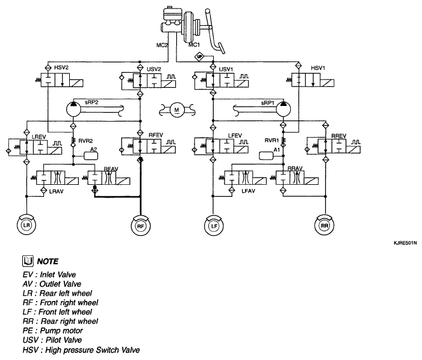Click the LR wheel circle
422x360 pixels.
pos(26,225)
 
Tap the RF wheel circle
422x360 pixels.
pos(140,226)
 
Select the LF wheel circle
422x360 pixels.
pos(214,226)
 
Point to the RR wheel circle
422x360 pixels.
pos(324,226)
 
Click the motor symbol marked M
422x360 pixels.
pos(176,110)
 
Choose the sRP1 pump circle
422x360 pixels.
pos(284,109)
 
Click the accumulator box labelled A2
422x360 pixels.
pos(91,155)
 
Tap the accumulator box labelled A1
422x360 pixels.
pos(266,155)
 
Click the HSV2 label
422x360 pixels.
pos(61,67)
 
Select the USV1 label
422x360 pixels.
pos(226,69)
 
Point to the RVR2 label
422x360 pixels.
pos(85,141)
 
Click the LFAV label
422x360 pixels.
pos(248,191)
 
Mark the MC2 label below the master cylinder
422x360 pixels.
pos(162,45)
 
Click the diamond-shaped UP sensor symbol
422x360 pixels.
pos(199,57)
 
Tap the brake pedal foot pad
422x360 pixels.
pos(222,48)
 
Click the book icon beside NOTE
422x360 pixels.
pos(28,261)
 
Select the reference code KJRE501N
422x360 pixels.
pos(405,243)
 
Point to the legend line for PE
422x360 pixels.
pos(53,331)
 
